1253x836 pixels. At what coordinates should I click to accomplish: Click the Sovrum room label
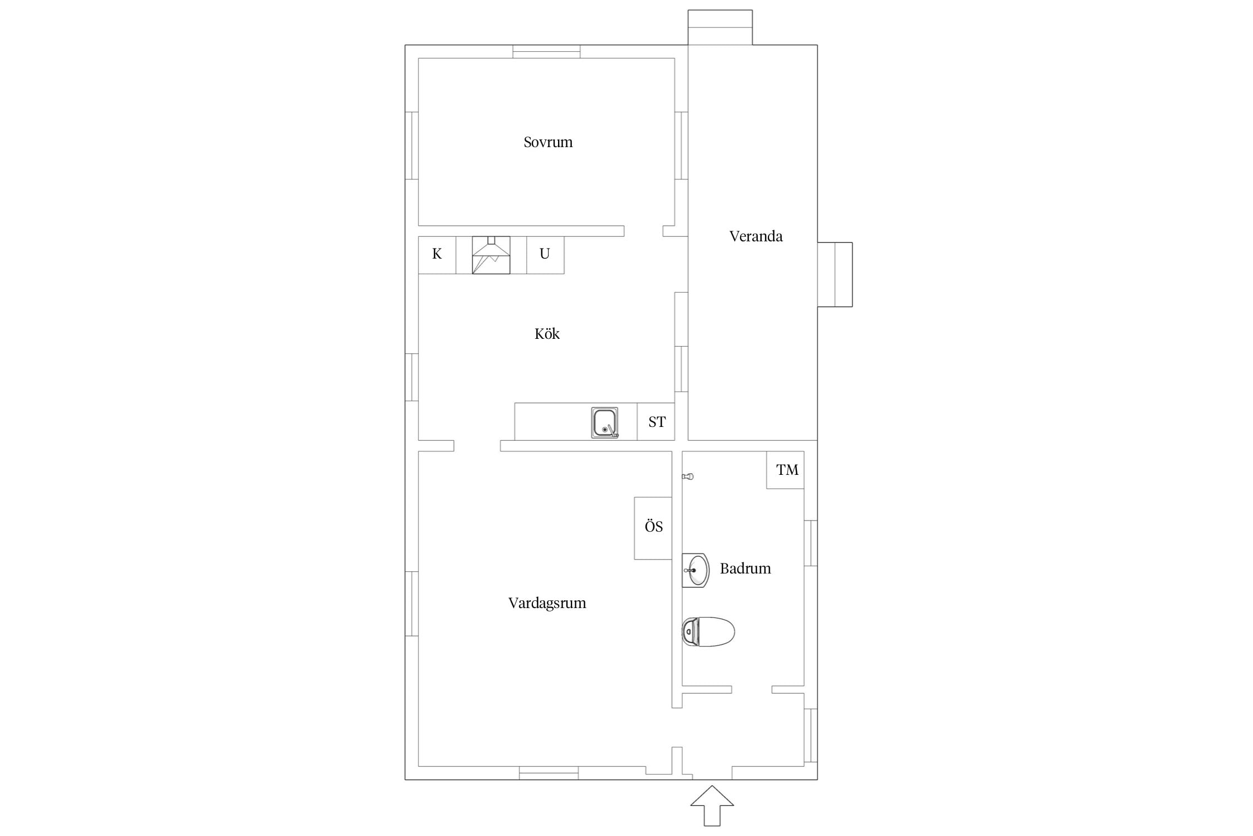pyautogui.click(x=548, y=142)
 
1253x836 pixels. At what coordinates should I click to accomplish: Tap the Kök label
pyautogui.click(x=547, y=333)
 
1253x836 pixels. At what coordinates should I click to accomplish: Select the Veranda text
pyautogui.click(x=756, y=236)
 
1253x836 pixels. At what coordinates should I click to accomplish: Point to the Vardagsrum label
pyautogui.click(x=547, y=602)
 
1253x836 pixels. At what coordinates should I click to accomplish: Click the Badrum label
pyautogui.click(x=745, y=568)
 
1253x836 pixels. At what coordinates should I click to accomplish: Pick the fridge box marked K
pyautogui.click(x=437, y=255)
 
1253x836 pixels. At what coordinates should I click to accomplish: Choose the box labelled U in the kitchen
pyautogui.click(x=545, y=255)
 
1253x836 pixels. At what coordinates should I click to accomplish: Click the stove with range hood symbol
pyautogui.click(x=491, y=255)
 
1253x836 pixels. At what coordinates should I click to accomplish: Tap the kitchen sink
pyautogui.click(x=605, y=422)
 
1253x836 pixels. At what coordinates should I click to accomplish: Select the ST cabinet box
pyautogui.click(x=656, y=422)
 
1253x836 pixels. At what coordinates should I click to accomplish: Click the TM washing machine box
pyautogui.click(x=785, y=470)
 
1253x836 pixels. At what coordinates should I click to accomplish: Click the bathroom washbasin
pyautogui.click(x=696, y=570)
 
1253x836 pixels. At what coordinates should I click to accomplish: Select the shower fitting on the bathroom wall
pyautogui.click(x=688, y=477)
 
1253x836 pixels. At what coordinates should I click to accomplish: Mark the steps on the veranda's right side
pyautogui.click(x=835, y=274)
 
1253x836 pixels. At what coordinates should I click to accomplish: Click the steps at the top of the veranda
pyautogui.click(x=720, y=27)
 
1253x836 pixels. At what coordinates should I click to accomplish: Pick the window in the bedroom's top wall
pyautogui.click(x=546, y=51)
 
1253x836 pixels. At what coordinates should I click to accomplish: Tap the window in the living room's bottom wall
pyautogui.click(x=549, y=773)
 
